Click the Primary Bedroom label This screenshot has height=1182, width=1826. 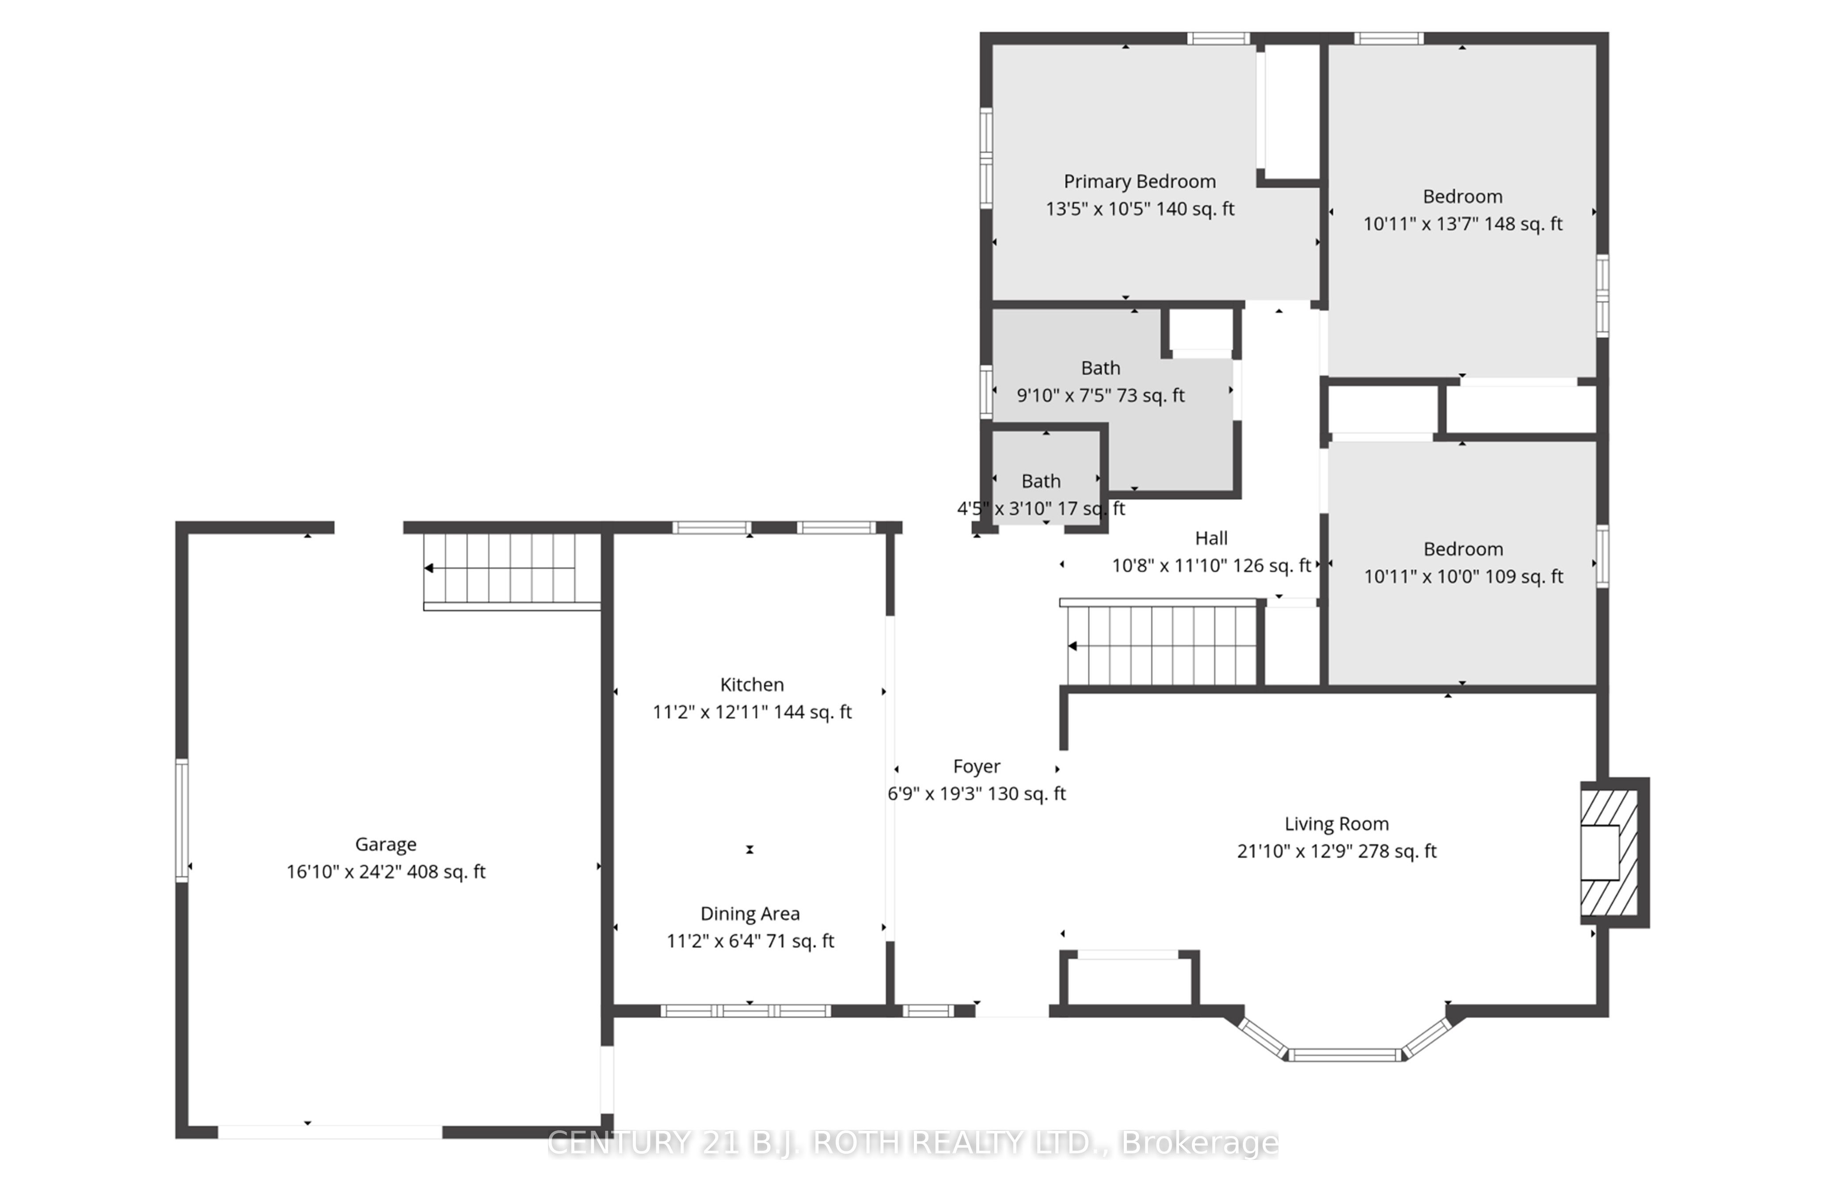[x=1139, y=182]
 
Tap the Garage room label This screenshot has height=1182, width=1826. [x=386, y=845]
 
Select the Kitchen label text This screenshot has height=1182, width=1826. [x=752, y=684]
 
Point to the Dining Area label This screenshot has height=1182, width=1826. [x=750, y=913]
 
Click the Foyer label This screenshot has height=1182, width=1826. [x=977, y=766]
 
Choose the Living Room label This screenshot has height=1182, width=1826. [x=1336, y=824]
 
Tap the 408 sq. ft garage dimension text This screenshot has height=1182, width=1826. [x=386, y=872]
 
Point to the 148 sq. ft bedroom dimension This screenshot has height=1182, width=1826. [x=1462, y=224]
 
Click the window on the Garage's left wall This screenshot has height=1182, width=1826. [x=182, y=820]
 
